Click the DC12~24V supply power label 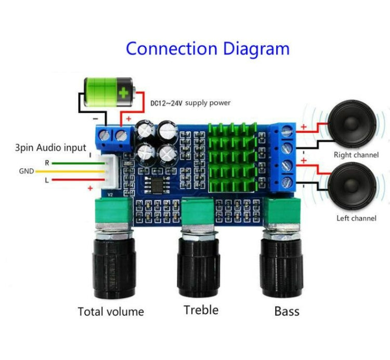(x=190, y=102)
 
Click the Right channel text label (x=356, y=155)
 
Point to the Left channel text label (x=356, y=218)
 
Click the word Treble (x=201, y=310)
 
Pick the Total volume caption (x=111, y=312)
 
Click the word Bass (x=287, y=311)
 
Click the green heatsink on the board (x=231, y=156)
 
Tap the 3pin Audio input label (x=50, y=148)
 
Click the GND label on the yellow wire (x=27, y=170)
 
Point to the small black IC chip (x=154, y=184)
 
